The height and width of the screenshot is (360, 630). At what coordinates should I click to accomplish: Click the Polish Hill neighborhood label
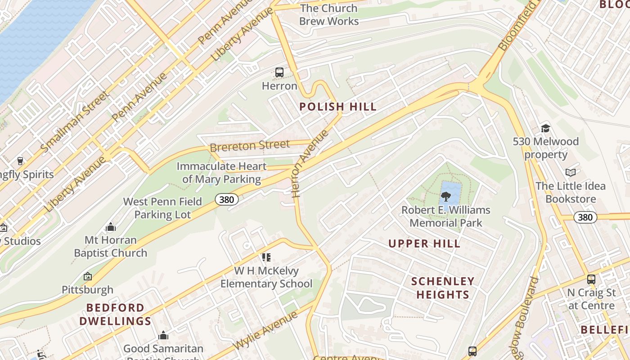click(x=337, y=107)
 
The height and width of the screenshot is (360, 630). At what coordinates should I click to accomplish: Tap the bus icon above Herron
click(x=279, y=72)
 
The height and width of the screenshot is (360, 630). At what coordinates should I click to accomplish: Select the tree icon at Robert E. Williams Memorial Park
click(x=446, y=196)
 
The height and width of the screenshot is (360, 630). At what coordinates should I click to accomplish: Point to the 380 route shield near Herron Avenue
click(x=226, y=199)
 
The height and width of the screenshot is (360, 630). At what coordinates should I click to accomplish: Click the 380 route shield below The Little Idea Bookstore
click(x=585, y=217)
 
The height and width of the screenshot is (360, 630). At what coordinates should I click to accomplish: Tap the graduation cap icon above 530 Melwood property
click(x=545, y=128)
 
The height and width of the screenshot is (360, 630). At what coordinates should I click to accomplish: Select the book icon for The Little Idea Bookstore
click(x=571, y=172)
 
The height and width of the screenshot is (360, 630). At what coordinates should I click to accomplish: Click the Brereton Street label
click(x=250, y=146)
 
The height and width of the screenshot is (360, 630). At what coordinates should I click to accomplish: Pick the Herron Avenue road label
click(x=310, y=164)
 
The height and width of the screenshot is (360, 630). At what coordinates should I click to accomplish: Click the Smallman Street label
click(x=75, y=121)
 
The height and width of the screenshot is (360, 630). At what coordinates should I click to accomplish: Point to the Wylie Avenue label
click(x=265, y=330)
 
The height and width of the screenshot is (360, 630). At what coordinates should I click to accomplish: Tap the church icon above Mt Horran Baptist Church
click(x=110, y=227)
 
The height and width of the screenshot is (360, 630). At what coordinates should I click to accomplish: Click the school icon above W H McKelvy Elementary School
click(x=266, y=257)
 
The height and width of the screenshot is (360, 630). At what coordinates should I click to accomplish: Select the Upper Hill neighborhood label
click(x=424, y=244)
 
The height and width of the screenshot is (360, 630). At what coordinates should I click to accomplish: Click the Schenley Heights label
click(x=443, y=288)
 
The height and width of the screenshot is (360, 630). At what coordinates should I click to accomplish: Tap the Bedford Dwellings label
click(x=115, y=315)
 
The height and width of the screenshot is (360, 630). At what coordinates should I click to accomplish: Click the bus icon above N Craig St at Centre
click(x=591, y=279)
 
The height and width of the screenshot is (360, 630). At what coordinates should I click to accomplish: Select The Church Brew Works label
click(x=329, y=14)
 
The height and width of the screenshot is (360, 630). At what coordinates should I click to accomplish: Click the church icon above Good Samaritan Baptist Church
click(x=163, y=336)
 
